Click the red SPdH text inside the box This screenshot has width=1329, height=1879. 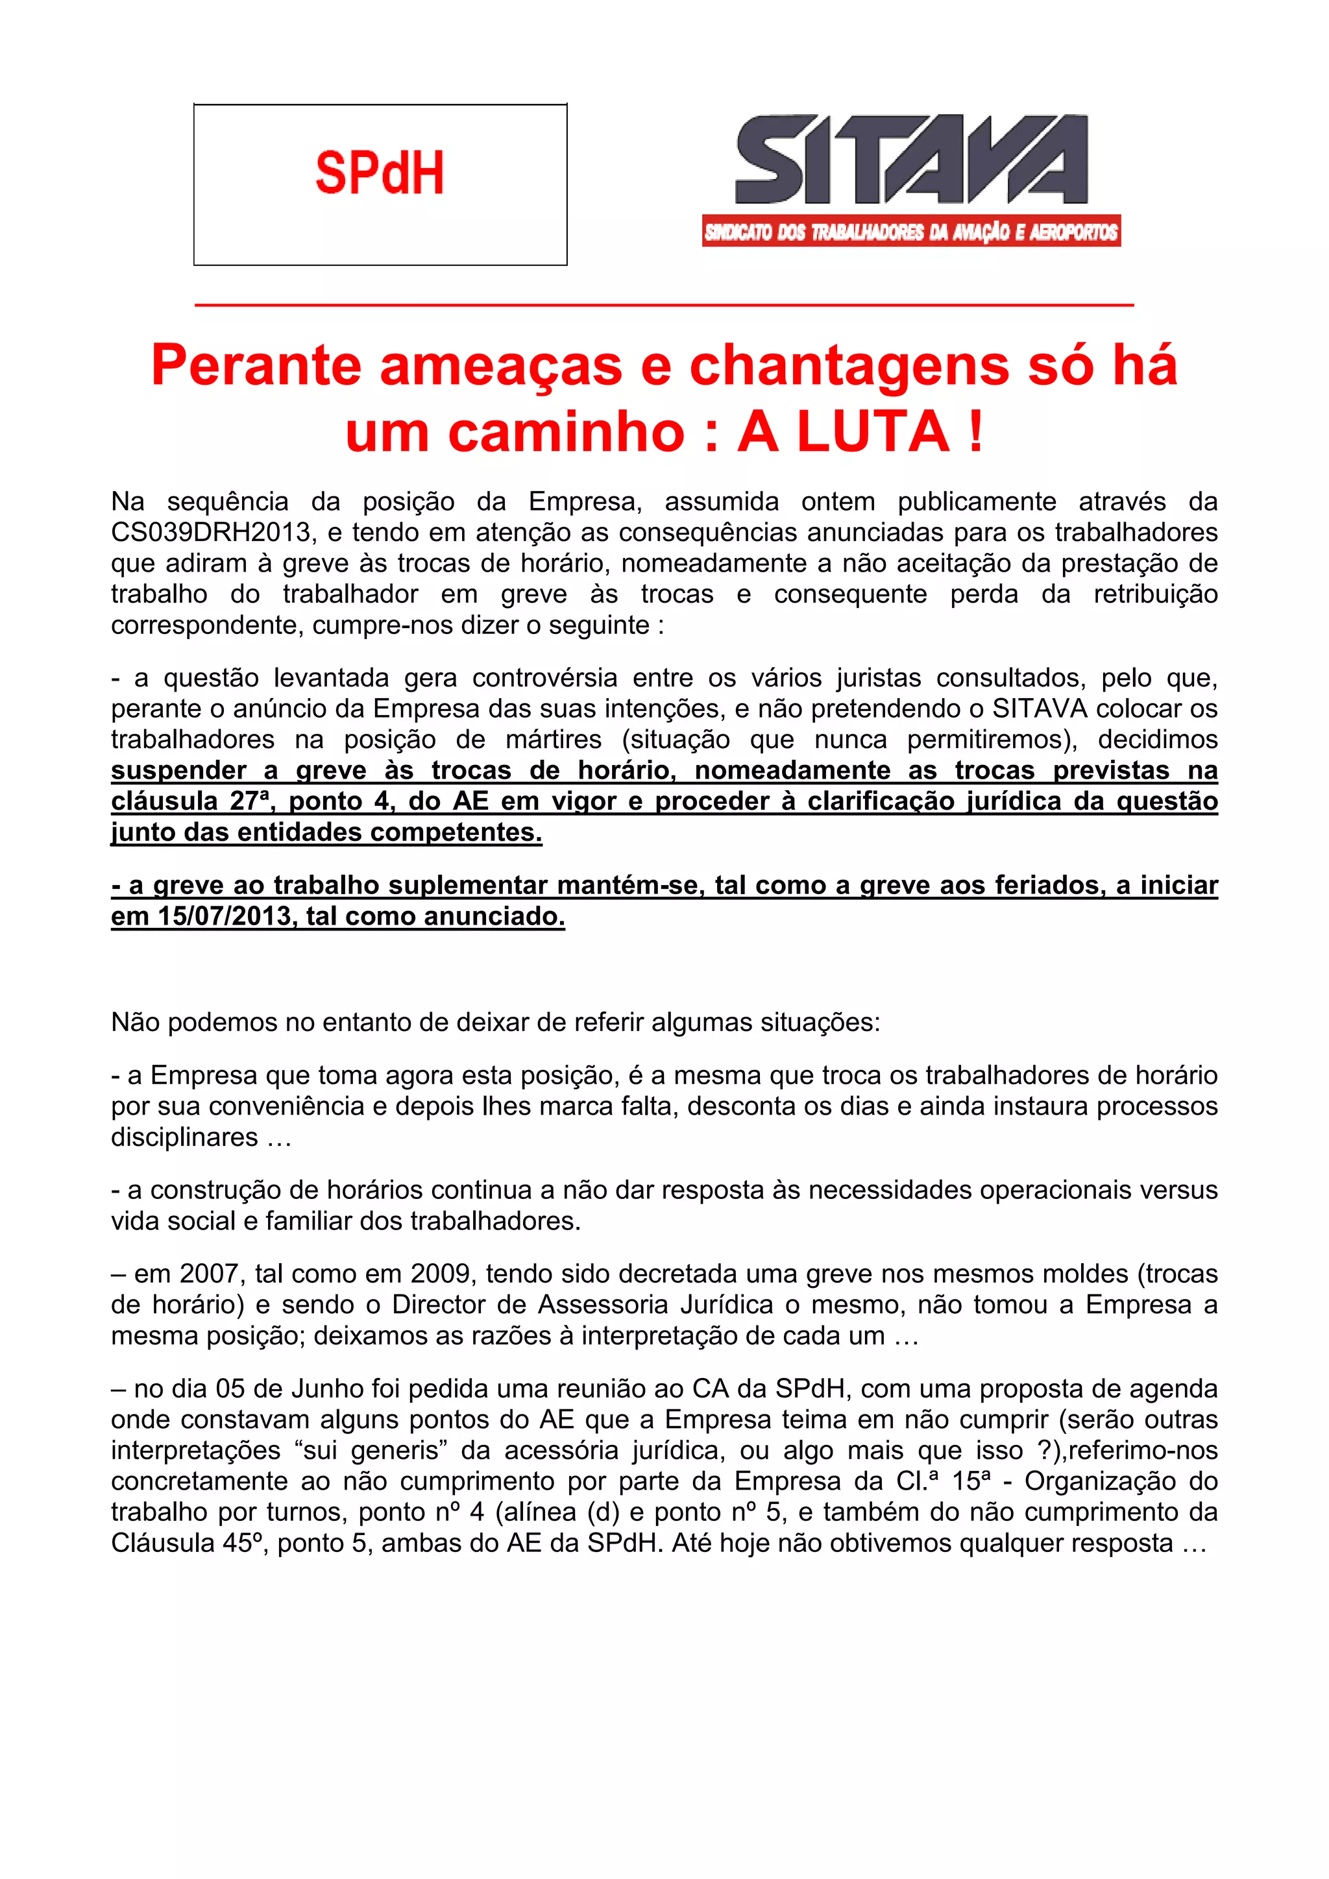pyautogui.click(x=379, y=173)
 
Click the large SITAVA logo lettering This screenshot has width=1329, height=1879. pyautogui.click(x=911, y=160)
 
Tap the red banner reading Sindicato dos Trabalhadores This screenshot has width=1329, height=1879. pyautogui.click(x=911, y=232)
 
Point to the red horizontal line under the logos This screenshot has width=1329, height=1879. pyautogui.click(x=664, y=305)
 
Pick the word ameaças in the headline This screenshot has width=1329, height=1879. pyautogui.click(x=501, y=366)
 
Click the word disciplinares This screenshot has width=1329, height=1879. pyautogui.click(x=185, y=1137)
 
